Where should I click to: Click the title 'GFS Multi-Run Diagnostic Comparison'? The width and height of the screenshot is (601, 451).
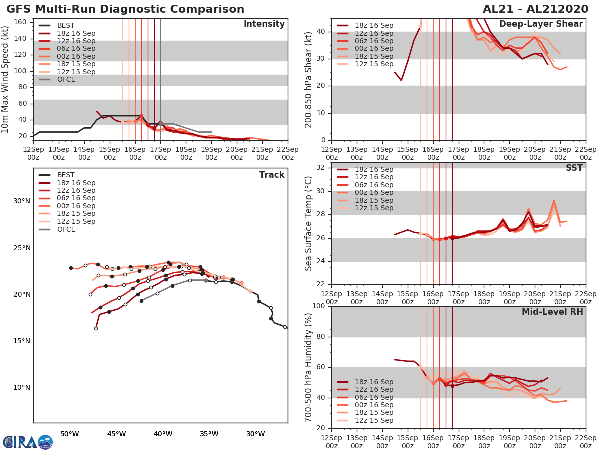(125, 9)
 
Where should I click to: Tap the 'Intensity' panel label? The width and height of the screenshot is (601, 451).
(264, 24)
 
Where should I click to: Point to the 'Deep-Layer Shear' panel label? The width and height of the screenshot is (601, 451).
(541, 24)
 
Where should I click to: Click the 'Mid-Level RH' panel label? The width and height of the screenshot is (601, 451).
(552, 312)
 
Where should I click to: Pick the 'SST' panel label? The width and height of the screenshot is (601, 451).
(574, 168)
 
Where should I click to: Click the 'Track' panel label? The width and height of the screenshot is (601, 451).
(272, 175)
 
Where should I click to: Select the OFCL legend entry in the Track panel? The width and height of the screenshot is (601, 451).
(66, 229)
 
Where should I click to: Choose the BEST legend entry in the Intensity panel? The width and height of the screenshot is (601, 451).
(66, 25)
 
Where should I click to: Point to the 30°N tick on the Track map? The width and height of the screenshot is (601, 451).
(22, 201)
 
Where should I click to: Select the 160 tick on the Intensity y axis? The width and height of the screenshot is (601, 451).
(20, 22)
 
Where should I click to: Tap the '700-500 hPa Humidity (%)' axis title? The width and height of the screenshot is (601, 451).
(309, 367)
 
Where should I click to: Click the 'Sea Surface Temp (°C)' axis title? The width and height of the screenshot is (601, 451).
(309, 223)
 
